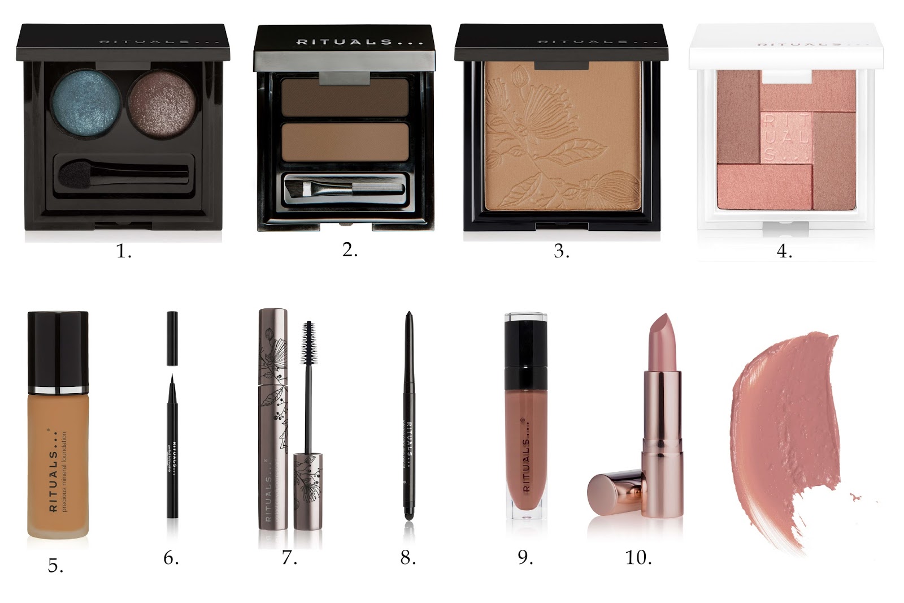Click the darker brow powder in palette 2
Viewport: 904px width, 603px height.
pyautogui.click(x=345, y=97)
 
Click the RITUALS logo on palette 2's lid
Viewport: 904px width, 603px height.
pyautogui.click(x=344, y=42)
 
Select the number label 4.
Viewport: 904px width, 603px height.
pyautogui.click(x=784, y=251)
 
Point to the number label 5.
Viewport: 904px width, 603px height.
pyautogui.click(x=55, y=565)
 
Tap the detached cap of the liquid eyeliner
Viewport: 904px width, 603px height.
pyautogui.click(x=172, y=338)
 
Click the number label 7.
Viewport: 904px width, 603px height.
pyautogui.click(x=289, y=558)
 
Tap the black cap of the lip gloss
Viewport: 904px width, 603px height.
pyautogui.click(x=525, y=345)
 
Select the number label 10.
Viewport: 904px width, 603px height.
pyautogui.click(x=638, y=558)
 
